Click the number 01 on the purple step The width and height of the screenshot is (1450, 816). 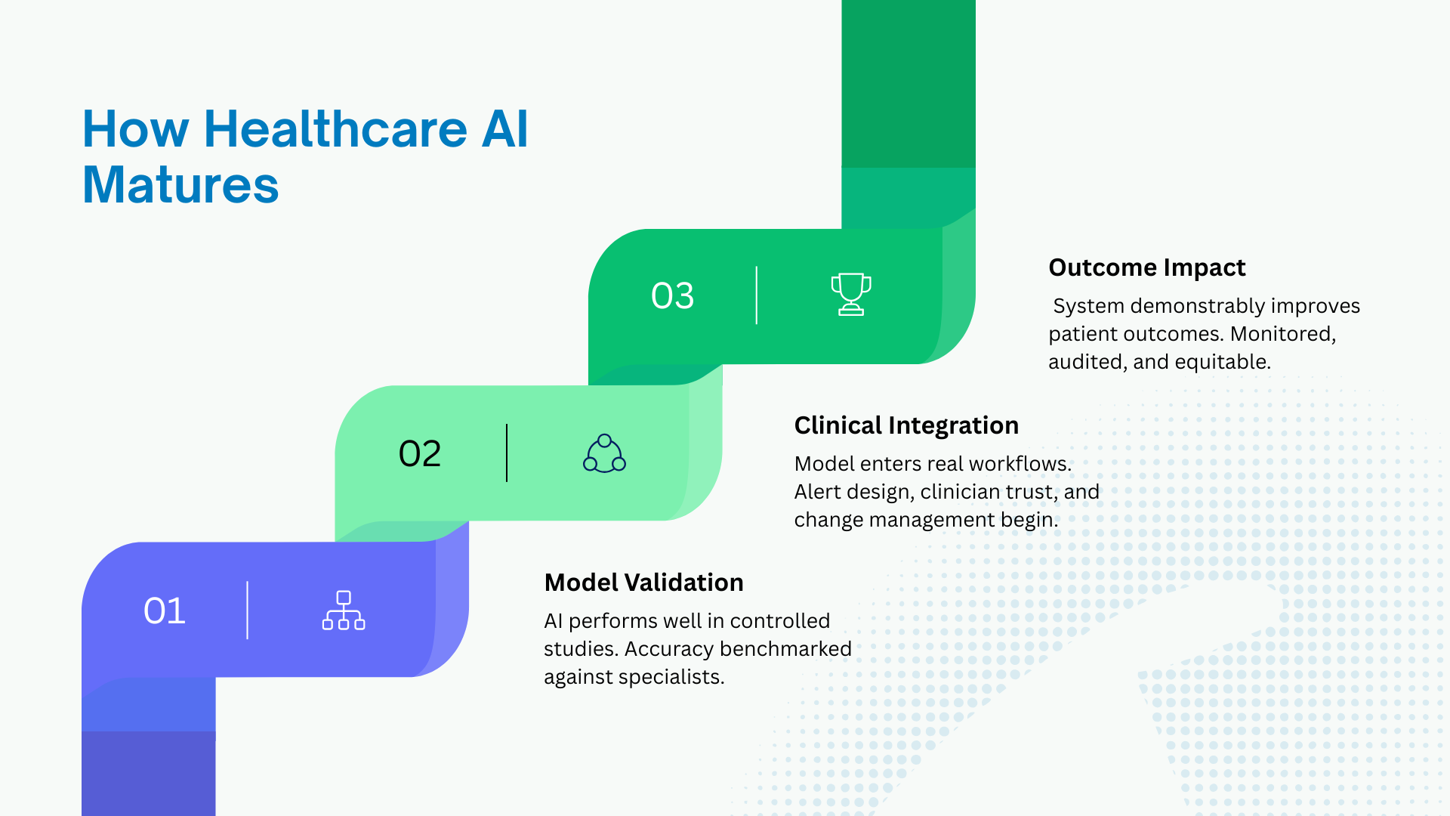click(165, 610)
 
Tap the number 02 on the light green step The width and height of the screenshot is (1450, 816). click(420, 453)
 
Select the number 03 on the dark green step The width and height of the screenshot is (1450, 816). click(672, 295)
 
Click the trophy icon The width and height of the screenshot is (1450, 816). click(851, 294)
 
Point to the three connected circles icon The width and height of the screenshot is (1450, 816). click(604, 453)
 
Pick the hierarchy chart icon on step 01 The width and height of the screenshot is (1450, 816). click(344, 610)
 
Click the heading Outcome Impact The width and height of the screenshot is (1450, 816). click(1146, 267)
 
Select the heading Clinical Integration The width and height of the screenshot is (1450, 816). click(906, 425)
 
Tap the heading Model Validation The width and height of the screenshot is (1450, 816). click(643, 583)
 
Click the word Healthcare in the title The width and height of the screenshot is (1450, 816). click(335, 128)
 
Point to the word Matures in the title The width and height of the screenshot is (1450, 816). click(180, 185)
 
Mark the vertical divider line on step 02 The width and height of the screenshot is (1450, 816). click(507, 453)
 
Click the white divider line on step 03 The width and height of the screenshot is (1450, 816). click(756, 295)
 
